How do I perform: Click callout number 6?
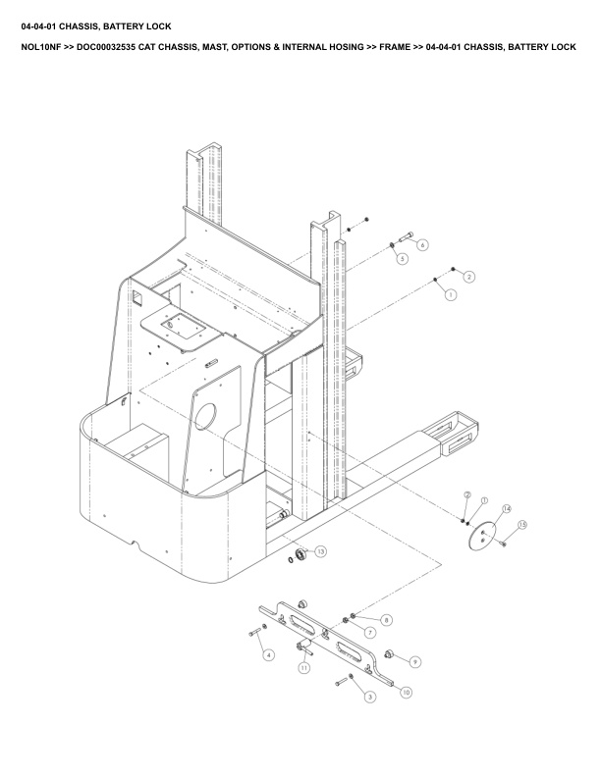click(423, 244)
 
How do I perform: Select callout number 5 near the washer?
click(402, 259)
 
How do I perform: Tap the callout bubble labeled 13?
click(321, 552)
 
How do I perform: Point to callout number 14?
click(507, 509)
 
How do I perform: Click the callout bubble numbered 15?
click(523, 526)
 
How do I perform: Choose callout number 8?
click(386, 620)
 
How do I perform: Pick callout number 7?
click(369, 633)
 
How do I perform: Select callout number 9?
click(414, 663)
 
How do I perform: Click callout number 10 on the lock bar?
click(407, 692)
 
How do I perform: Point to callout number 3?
click(369, 698)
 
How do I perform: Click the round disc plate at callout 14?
click(483, 535)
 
